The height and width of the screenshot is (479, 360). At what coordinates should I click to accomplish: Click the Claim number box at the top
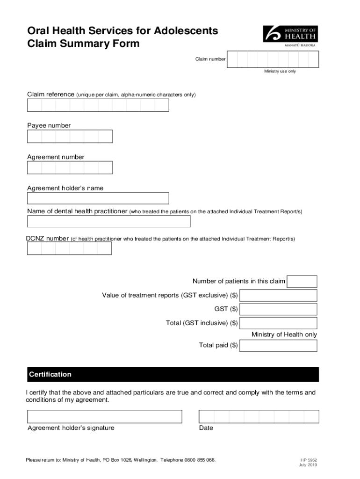coord(273,59)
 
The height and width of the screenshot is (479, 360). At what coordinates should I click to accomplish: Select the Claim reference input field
coord(98,105)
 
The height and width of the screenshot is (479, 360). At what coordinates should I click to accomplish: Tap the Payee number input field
coord(70,136)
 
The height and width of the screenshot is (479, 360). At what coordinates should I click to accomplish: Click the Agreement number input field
coord(70,167)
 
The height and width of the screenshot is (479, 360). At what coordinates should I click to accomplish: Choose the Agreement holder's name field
coord(98,198)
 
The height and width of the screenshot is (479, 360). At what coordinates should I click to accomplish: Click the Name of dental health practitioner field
coord(108,221)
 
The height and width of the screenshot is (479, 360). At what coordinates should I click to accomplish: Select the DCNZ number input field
coord(69,248)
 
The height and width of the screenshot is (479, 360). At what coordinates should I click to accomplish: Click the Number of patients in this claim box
coord(302,282)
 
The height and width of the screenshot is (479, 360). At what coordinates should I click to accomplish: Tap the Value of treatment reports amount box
coord(278,296)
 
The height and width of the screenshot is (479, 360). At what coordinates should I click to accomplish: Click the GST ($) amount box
coord(278,309)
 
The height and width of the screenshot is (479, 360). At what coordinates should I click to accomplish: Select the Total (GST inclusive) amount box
coord(278,323)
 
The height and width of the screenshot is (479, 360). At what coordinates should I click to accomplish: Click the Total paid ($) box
coord(278,346)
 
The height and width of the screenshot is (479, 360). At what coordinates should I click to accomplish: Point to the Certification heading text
coord(50,375)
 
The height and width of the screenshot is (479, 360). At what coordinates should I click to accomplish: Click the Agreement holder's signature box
coord(104,417)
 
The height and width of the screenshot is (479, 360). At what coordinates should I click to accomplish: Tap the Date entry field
coord(259,417)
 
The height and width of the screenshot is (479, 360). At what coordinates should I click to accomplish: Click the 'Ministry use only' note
coord(280,72)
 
